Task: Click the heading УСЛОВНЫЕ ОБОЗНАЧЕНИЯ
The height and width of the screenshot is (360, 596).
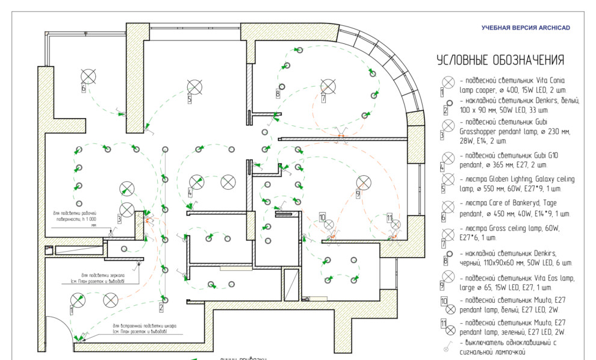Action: point(500,60)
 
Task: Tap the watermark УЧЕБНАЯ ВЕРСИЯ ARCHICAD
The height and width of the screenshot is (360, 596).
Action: point(525,28)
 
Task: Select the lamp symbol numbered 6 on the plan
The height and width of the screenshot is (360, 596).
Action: point(88,75)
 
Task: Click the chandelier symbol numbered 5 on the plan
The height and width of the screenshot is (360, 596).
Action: point(194,86)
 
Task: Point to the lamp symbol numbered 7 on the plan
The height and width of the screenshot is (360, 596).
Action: point(328,85)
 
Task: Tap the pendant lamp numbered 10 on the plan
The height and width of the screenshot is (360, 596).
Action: point(329,225)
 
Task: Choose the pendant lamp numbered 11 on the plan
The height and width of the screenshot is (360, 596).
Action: point(396,225)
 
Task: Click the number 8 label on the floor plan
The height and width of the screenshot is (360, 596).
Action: point(278,94)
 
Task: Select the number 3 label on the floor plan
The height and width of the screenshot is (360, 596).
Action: point(119,220)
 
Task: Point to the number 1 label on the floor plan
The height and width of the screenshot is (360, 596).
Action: point(72,311)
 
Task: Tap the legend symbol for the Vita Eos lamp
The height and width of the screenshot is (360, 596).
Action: point(448,283)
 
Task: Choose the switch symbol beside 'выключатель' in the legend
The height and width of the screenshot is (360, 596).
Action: point(447,346)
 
